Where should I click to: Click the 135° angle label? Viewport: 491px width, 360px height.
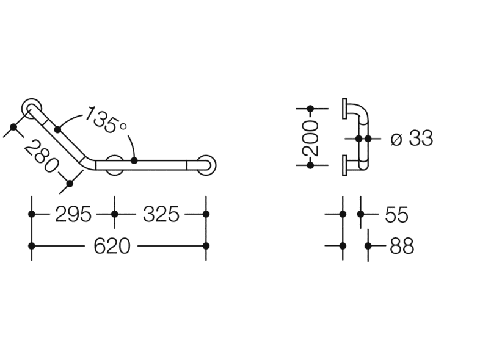(106, 120)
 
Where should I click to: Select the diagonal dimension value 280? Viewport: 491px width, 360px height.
(41, 156)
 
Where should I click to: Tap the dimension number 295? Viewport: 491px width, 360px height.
(73, 215)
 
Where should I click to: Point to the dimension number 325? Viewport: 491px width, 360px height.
(161, 215)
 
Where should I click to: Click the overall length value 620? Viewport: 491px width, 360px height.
(112, 246)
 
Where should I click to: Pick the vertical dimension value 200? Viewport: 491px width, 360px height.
(310, 138)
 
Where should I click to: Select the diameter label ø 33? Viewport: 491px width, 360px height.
(412, 138)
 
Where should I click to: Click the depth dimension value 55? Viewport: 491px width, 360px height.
(396, 215)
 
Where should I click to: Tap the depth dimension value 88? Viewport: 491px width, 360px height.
(402, 246)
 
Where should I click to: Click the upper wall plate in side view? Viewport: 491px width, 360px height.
(344, 109)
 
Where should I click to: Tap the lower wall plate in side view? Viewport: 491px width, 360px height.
(344, 165)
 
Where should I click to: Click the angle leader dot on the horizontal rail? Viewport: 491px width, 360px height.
(134, 160)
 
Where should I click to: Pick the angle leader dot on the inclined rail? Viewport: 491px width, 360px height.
(58, 129)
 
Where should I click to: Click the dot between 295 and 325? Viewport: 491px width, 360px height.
(115, 214)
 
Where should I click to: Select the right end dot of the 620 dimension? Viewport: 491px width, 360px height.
(206, 246)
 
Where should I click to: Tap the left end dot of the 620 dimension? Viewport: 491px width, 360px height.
(32, 246)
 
